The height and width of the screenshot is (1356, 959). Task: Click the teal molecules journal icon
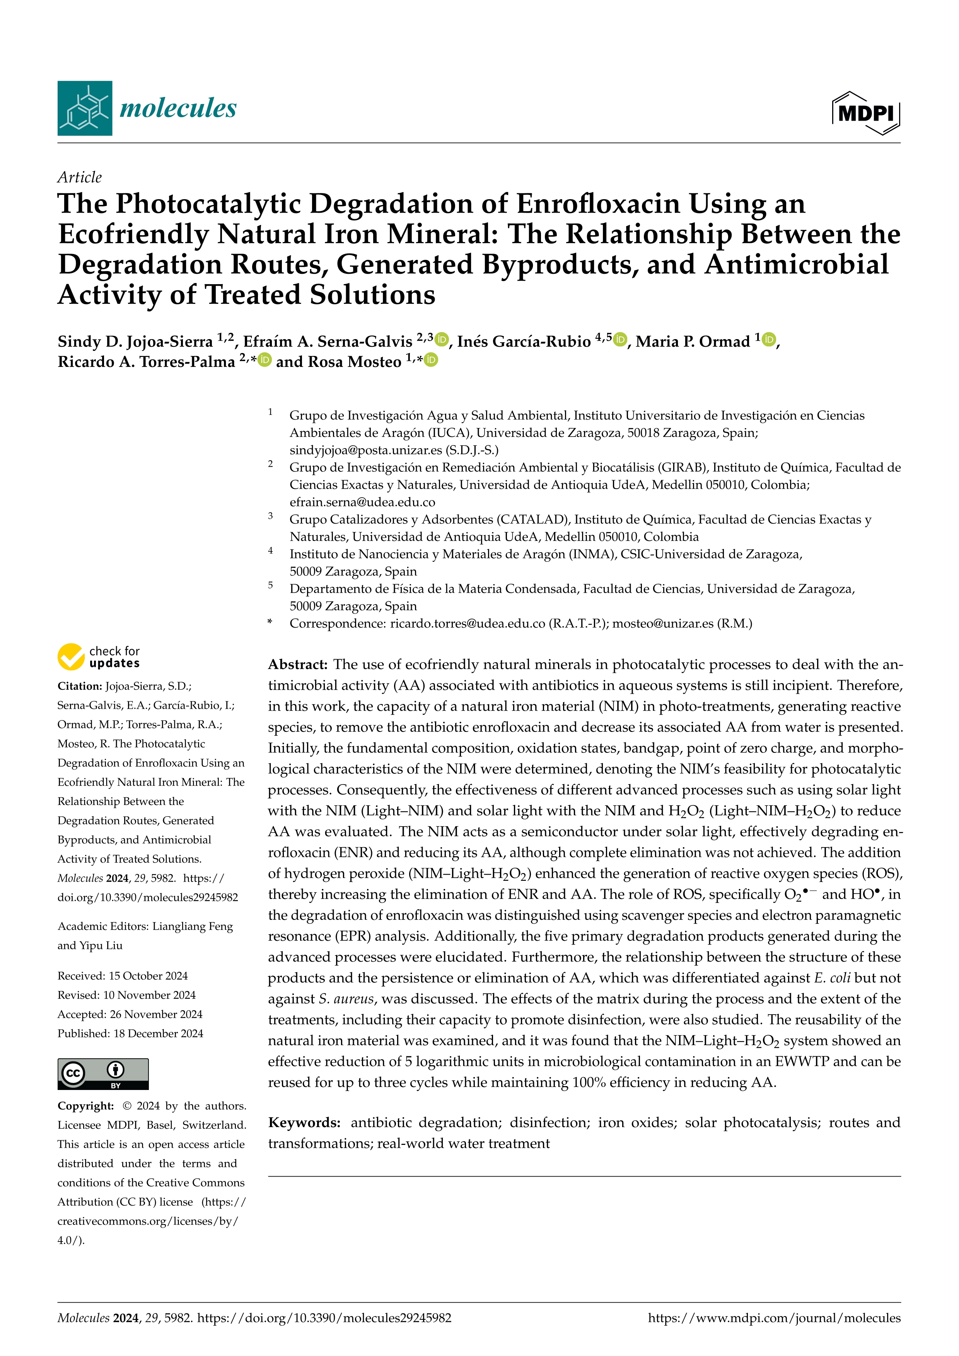point(84,108)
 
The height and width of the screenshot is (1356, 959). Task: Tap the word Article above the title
point(79,177)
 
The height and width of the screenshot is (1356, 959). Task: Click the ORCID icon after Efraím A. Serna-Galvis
point(442,339)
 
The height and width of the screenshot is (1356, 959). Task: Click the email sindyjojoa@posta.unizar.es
point(365,450)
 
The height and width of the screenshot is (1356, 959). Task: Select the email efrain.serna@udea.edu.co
point(362,502)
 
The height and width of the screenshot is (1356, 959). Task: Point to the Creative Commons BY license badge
point(103,1074)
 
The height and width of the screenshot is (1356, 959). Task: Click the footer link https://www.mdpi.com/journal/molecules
point(774,1318)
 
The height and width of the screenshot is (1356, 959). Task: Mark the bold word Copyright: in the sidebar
point(85,1105)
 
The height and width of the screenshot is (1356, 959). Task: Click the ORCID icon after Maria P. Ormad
point(768,339)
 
